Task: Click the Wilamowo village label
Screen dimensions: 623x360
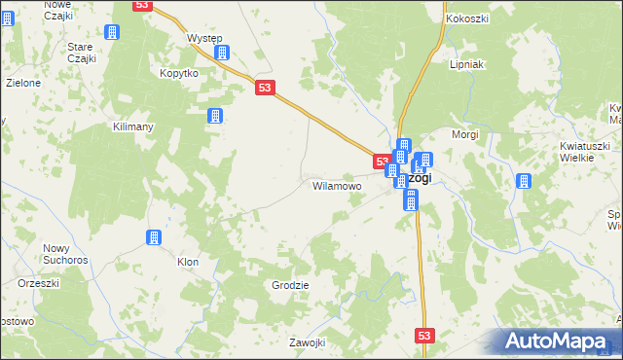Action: [337, 185]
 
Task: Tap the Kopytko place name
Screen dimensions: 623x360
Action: [179, 73]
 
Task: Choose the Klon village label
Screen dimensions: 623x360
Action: [188, 262]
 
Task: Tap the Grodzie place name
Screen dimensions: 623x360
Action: [291, 285]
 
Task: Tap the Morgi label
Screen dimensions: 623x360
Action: [465, 133]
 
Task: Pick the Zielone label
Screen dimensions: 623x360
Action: [23, 83]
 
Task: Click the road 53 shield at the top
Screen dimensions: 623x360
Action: [143, 7]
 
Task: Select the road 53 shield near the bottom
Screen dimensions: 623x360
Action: [423, 335]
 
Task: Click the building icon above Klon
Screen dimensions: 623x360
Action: [153, 237]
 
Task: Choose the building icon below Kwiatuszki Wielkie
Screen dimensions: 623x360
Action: [524, 181]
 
